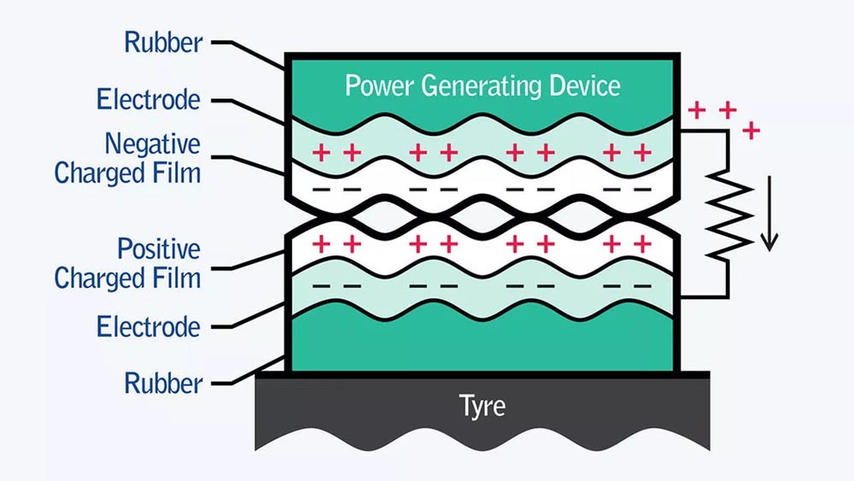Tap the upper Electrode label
pos(149,99)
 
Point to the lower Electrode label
pos(149,326)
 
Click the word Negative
pos(153,144)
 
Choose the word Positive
pos(159,249)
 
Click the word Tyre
pos(483,404)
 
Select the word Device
pos(588,85)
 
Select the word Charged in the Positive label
pos(97,278)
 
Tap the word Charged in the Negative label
pos(97,173)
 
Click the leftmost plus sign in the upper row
pos(322,153)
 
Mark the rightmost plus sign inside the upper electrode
pos(642,153)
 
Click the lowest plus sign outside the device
pos(752,131)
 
